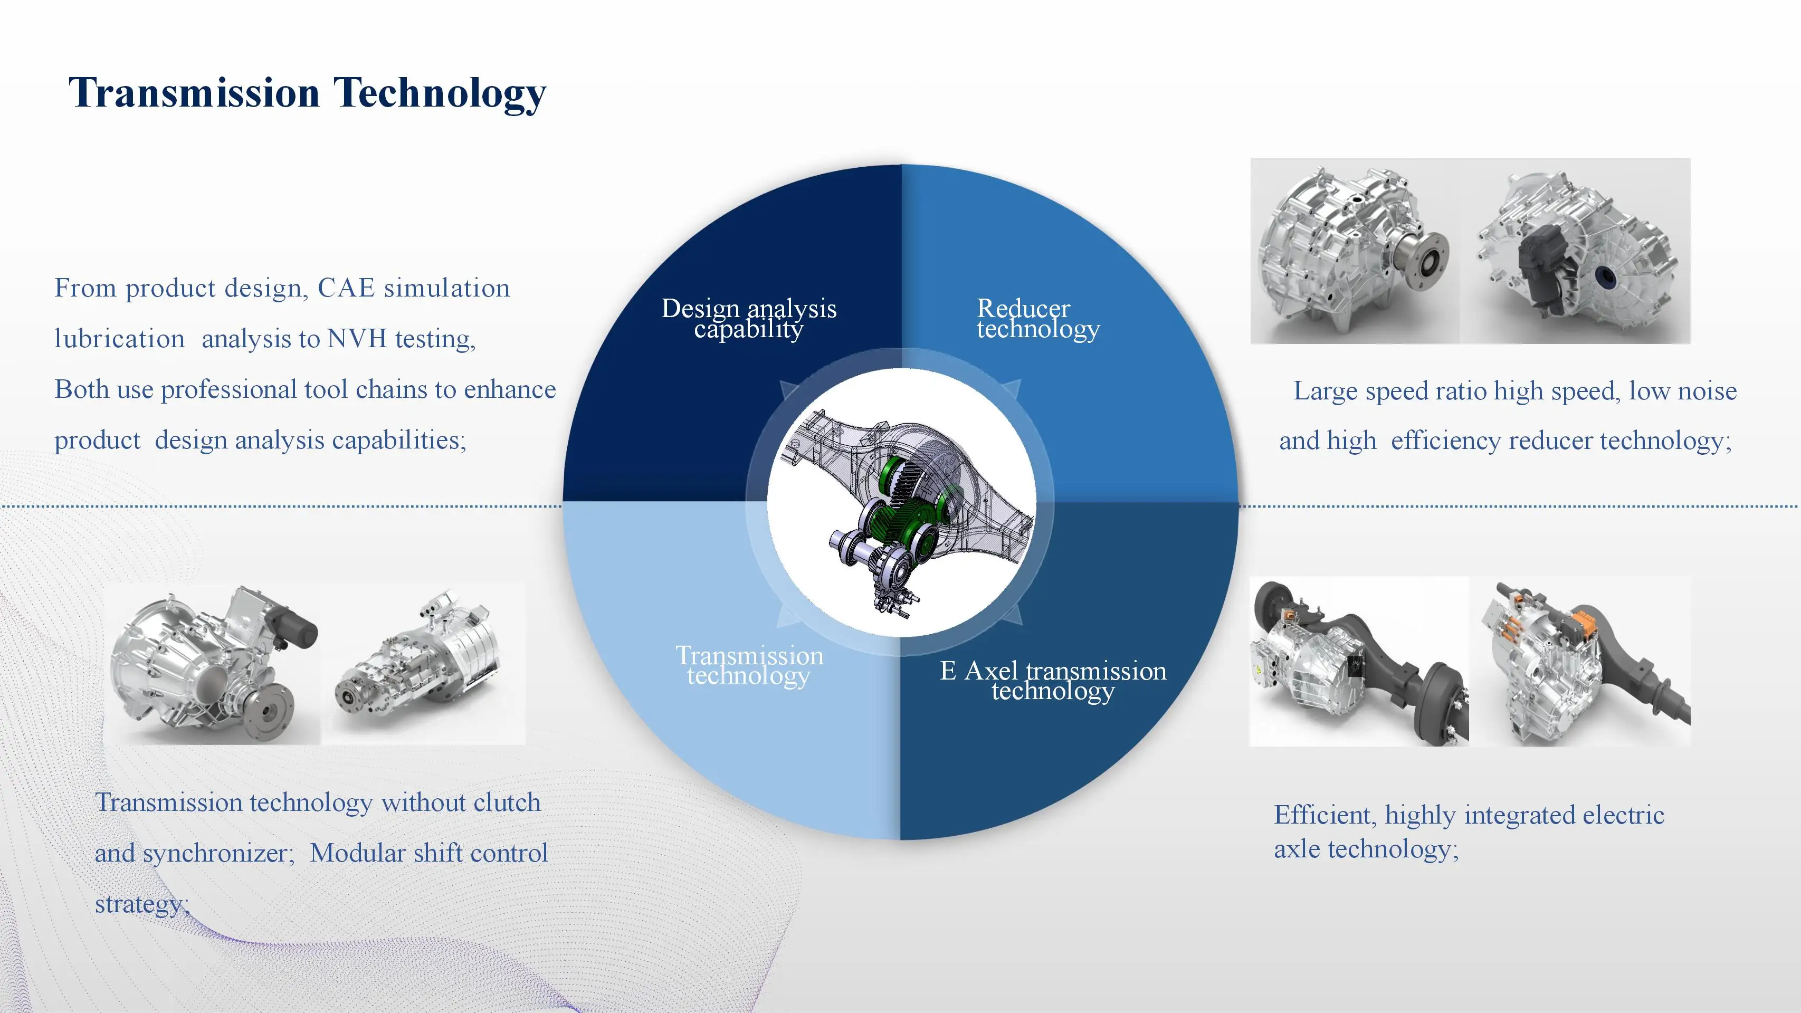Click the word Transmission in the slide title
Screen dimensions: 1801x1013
pos(194,92)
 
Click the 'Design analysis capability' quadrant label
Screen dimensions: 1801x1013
pos(749,318)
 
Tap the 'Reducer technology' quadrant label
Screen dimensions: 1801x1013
pos(1038,318)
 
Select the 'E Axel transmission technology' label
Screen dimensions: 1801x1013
pos(1053,680)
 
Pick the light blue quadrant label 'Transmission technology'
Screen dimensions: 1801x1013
pos(749,665)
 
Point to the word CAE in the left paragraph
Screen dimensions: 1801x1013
pos(346,288)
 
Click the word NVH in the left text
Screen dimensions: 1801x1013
pos(357,339)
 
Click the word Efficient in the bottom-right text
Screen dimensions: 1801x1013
pos(1326,815)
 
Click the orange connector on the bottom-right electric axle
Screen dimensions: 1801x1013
pos(1583,627)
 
